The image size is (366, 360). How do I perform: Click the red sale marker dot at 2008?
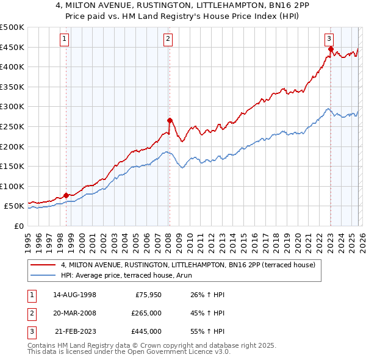[170, 120]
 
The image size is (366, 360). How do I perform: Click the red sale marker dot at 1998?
[66, 195]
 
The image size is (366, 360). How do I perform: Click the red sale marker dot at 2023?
[330, 49]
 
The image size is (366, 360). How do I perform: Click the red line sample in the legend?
[44, 265]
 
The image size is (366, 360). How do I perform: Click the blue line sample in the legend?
[44, 276]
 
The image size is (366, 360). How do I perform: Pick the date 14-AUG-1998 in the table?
[75, 295]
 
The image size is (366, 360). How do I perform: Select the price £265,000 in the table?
[146, 313]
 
